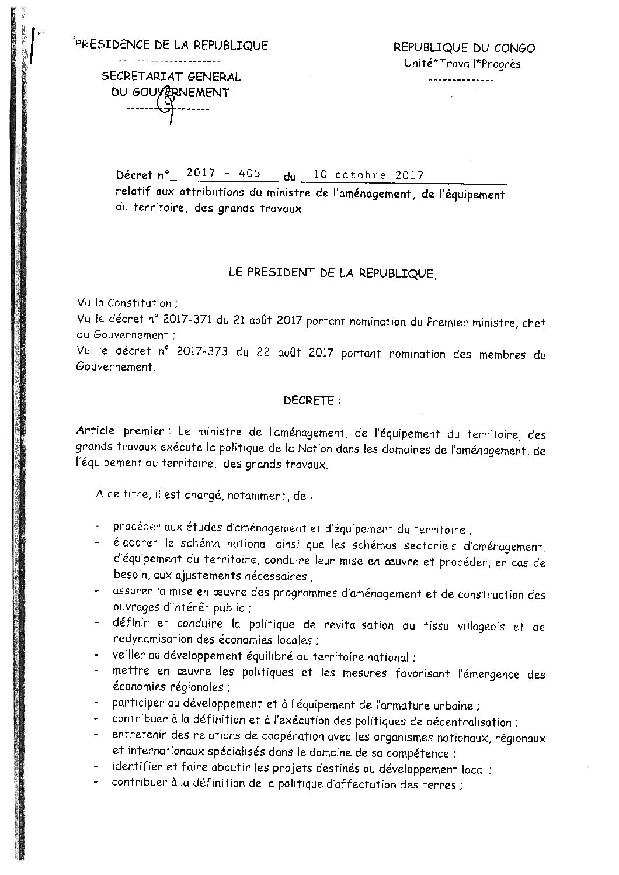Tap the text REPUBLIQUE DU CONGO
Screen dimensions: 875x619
tap(464, 49)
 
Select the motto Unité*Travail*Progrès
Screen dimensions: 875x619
tap(462, 64)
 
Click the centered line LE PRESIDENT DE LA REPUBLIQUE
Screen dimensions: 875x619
tap(331, 273)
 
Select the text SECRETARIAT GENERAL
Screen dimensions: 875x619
tap(171, 77)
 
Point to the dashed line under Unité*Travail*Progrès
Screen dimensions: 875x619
tap(461, 79)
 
